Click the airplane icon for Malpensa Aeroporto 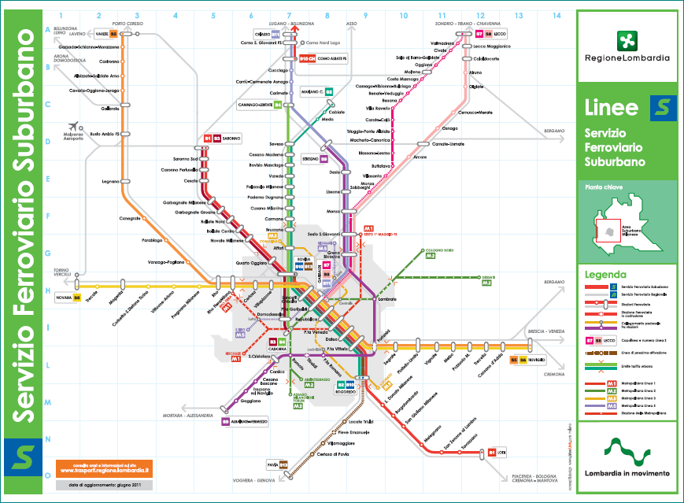(x=76, y=126)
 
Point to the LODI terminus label (x=501, y=452)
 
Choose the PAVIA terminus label (x=272, y=464)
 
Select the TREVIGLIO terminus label (x=538, y=359)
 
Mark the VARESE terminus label (x=101, y=35)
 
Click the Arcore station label (x=420, y=157)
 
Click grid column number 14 (x=556, y=16)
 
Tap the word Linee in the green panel (x=606, y=107)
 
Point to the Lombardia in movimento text (x=627, y=473)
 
